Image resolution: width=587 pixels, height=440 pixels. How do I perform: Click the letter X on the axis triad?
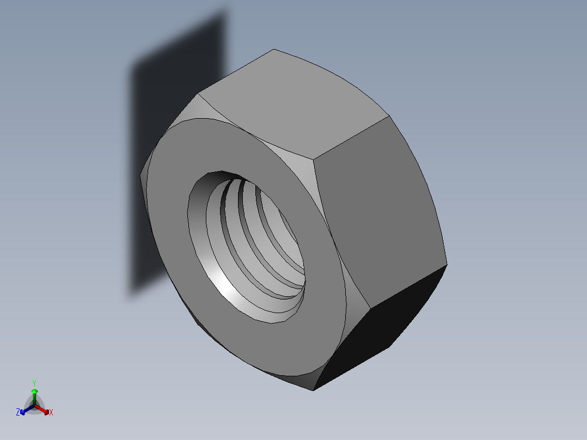[x=51, y=413]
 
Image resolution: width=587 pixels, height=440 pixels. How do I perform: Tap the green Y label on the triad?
[x=34, y=383]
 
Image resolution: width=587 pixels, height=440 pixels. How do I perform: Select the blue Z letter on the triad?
[x=18, y=413]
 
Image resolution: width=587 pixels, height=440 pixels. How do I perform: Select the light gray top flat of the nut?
[x=294, y=103]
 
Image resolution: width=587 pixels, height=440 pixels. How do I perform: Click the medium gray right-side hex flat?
[x=381, y=212]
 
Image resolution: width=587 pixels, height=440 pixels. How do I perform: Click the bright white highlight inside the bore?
[x=229, y=289]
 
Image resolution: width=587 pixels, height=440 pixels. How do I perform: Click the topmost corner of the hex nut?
[x=273, y=50]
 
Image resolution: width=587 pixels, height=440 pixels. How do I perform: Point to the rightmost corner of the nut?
[x=447, y=265]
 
